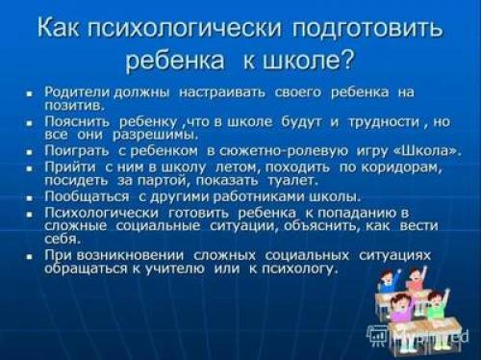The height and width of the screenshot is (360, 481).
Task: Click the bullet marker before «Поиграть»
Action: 31,153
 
